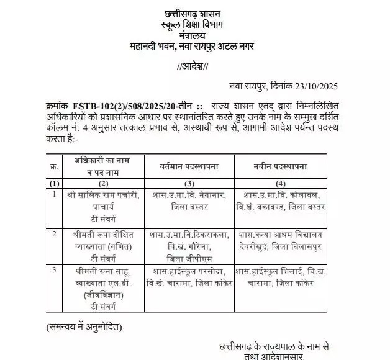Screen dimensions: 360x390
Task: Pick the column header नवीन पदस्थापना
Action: pos(281,167)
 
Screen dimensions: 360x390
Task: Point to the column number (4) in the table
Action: pos(281,184)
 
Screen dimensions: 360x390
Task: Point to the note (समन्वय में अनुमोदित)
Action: pos(83,326)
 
